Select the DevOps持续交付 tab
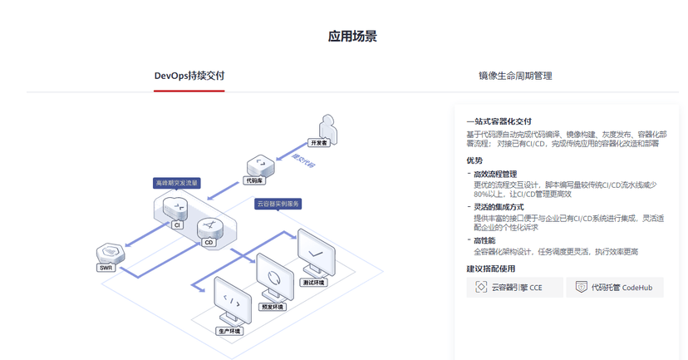(x=189, y=76)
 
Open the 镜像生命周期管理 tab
(x=515, y=76)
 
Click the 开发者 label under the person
(x=319, y=143)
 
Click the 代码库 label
(x=254, y=180)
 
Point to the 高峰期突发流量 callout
(x=176, y=182)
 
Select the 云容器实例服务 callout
(x=278, y=204)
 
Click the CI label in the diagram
(x=176, y=224)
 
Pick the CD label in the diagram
(x=209, y=243)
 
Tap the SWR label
(x=106, y=268)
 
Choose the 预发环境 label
(x=273, y=307)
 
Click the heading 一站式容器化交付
(x=499, y=121)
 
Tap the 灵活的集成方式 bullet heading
(x=499, y=207)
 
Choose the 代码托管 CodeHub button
(x=615, y=288)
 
